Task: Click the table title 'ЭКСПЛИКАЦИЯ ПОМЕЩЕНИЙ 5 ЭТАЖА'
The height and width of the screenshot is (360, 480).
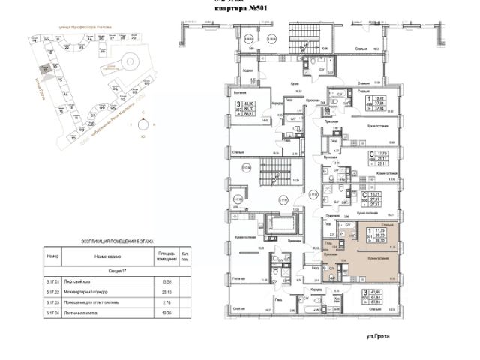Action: click(x=117, y=241)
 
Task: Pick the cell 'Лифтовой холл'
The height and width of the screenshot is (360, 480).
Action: click(x=82, y=282)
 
